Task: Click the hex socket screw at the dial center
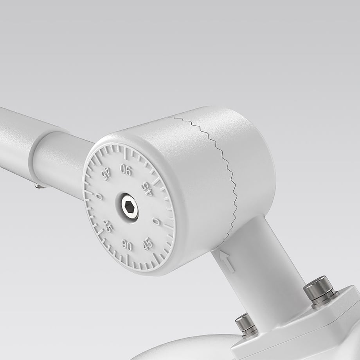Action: pyautogui.click(x=130, y=207)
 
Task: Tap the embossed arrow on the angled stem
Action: pyautogui.click(x=227, y=261)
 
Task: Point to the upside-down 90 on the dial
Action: pyautogui.click(x=126, y=170)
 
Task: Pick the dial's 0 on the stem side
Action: pyautogui.click(x=157, y=222)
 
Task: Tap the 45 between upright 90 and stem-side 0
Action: pyautogui.click(x=148, y=244)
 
